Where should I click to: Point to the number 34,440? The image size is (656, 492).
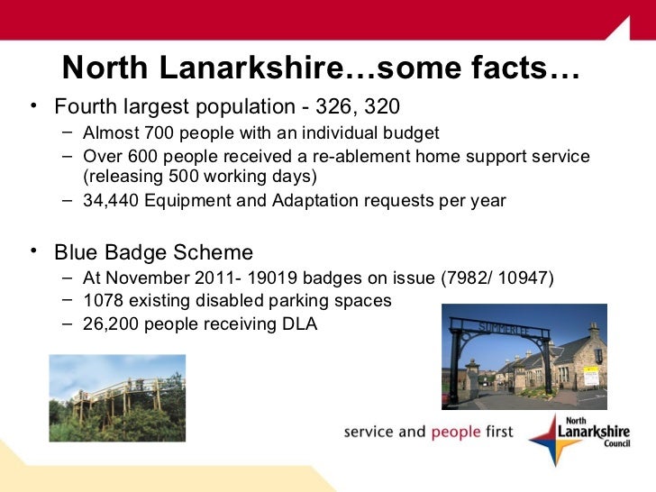[x=113, y=200]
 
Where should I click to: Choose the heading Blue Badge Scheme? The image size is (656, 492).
[x=153, y=251]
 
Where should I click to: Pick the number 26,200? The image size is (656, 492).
[x=113, y=323]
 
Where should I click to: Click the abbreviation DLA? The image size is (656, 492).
[x=299, y=323]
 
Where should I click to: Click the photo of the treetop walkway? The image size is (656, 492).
[x=117, y=397]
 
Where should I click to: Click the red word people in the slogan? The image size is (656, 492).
[x=456, y=432]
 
